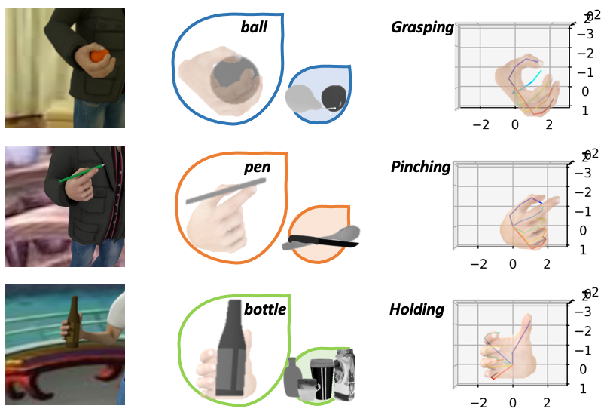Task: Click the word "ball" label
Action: point(254,28)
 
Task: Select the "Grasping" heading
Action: point(422,28)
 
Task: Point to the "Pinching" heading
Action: point(420,167)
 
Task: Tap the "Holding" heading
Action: point(416,309)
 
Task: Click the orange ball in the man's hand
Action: point(98,56)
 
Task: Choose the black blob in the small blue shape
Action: point(333,97)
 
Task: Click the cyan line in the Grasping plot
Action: point(533,78)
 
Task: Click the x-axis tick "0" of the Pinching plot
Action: point(513,264)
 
